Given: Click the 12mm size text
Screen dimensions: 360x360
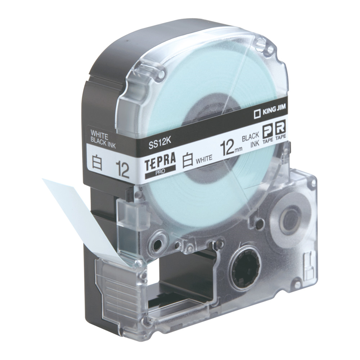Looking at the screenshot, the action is coord(231,147).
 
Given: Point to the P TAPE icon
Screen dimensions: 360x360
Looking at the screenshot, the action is coord(267,134).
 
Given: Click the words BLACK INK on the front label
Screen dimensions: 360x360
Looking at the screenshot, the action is coord(251,140).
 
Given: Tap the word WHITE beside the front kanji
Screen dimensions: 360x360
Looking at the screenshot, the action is coord(204,159).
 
